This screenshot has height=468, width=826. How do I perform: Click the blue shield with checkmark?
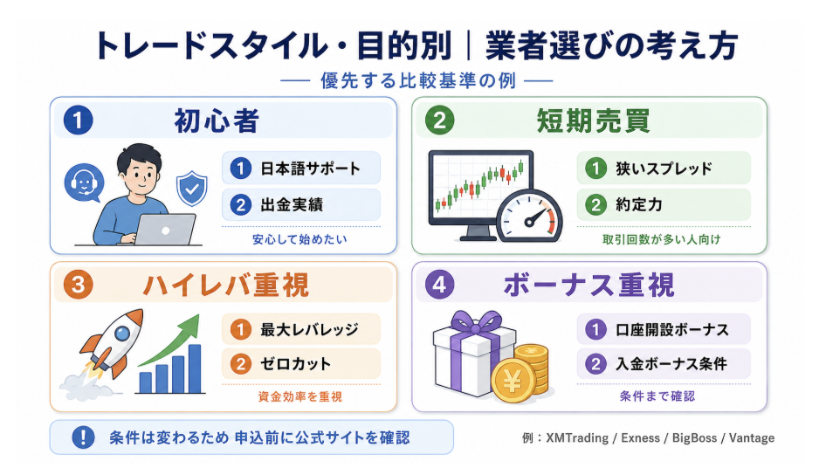click(192, 188)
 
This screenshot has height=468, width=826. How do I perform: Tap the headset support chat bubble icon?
click(84, 182)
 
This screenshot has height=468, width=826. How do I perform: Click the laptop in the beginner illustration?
click(164, 230)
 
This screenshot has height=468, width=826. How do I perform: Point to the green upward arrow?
click(170, 340)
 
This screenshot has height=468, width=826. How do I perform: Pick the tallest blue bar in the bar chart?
click(195, 368)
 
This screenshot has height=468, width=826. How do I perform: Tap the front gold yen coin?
click(512, 381)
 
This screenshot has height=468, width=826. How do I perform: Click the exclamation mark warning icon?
click(83, 437)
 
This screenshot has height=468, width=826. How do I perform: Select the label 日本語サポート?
click(311, 169)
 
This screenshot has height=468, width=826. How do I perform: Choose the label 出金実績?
click(292, 204)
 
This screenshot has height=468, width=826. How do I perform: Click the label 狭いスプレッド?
click(664, 169)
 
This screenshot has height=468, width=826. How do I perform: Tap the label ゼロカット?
click(295, 363)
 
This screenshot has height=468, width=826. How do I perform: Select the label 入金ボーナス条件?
click(671, 363)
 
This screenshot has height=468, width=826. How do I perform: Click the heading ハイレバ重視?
click(226, 286)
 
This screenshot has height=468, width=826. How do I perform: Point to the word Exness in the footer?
click(640, 438)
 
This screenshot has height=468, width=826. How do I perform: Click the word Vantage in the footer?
click(752, 438)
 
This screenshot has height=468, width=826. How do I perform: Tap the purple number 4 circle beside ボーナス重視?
click(439, 286)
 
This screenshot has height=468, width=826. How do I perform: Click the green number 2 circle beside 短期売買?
click(439, 120)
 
